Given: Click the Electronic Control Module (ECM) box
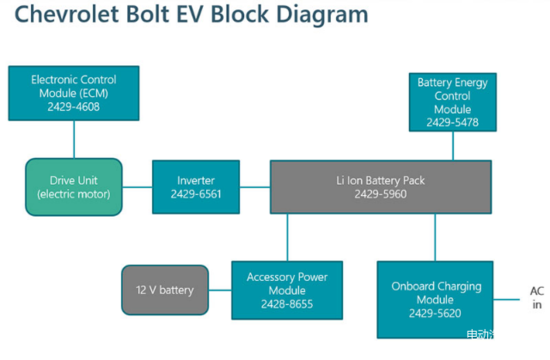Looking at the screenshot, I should [x=73, y=91].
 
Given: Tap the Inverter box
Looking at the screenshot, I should [x=196, y=186].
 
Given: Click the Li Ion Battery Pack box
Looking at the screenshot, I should [x=380, y=186].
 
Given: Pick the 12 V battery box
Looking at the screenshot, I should [x=164, y=289].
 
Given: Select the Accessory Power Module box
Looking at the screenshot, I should [x=286, y=289].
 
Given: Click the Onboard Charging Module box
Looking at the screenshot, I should [x=436, y=299].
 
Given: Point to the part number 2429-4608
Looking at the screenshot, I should [x=72, y=105].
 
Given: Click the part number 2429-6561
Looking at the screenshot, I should [x=196, y=195].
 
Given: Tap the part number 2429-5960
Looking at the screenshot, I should [x=380, y=195].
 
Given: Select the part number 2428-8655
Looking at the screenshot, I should [x=286, y=304].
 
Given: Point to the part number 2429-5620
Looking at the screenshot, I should [x=436, y=313].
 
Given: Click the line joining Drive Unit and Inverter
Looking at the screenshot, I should [x=138, y=186].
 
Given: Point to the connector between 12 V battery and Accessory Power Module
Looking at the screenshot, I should [x=219, y=289].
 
